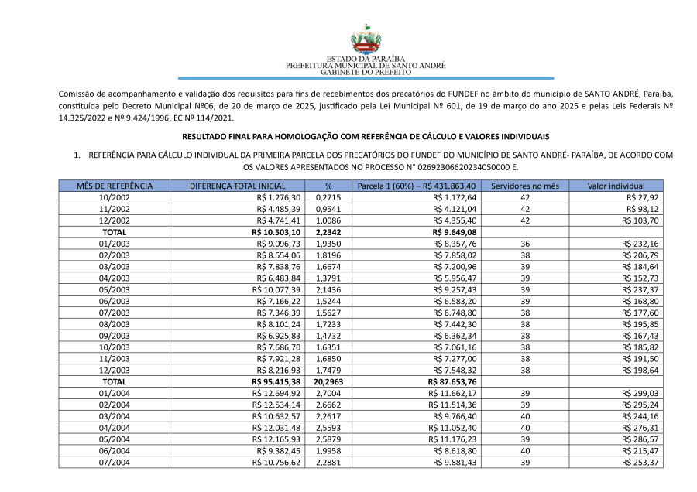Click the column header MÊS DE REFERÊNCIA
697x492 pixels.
[114, 186]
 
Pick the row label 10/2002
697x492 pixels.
[114, 198]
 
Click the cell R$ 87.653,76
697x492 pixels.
[453, 382]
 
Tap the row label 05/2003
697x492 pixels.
[114, 290]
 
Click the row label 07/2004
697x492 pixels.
[114, 463]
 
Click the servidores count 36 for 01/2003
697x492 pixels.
[525, 244]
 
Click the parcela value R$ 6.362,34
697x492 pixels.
[455, 337]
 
